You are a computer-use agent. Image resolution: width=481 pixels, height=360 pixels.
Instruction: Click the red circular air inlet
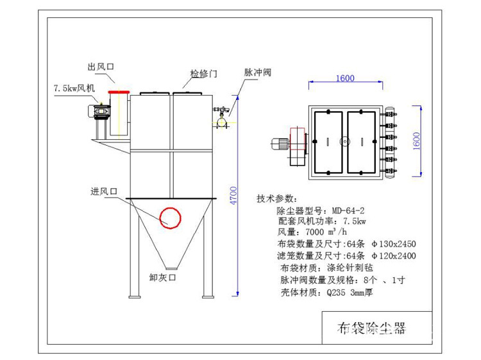click(x=170, y=217)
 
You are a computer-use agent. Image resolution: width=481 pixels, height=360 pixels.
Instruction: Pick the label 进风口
click(x=105, y=191)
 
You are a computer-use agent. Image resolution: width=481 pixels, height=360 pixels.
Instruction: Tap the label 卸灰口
click(x=162, y=278)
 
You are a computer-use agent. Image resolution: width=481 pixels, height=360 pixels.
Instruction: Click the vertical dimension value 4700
click(x=234, y=196)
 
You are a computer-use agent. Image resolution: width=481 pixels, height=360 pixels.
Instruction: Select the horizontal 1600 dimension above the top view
click(x=344, y=78)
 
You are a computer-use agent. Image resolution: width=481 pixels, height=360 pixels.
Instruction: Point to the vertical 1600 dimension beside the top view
click(x=434, y=140)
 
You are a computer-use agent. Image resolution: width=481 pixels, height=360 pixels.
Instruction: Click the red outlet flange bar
click(x=118, y=92)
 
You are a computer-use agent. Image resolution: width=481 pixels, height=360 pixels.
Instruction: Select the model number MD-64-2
click(x=348, y=210)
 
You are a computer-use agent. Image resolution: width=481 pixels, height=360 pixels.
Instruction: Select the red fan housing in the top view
click(x=298, y=144)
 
